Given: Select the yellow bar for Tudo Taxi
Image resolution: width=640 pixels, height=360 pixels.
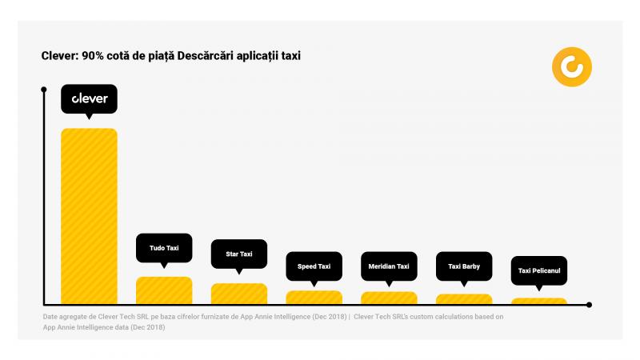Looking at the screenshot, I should tap(164, 290).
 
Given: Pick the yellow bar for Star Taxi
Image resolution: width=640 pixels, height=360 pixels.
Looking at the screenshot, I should tap(239, 294).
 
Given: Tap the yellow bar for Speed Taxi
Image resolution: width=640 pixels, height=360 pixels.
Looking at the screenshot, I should tap(314, 298).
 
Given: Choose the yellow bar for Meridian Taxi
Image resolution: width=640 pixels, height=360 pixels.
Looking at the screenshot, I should tap(389, 298).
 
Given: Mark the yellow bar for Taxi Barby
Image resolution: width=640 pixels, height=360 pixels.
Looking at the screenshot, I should tap(464, 299).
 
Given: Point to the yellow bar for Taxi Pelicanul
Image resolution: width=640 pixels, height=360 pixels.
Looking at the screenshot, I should tap(539, 302).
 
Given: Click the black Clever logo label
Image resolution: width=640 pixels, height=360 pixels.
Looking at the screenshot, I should tap(90, 99).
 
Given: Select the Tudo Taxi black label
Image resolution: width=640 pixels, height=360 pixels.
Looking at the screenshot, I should tap(164, 248).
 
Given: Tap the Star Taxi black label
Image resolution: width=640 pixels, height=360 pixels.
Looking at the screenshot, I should tap(239, 254).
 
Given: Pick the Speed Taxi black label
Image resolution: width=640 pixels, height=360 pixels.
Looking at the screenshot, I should tap(314, 266).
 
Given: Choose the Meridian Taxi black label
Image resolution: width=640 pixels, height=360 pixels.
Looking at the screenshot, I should tap(389, 266).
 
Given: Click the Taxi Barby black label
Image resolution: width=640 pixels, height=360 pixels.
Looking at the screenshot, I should tap(464, 266).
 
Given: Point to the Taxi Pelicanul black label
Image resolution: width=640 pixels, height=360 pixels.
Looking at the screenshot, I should tap(539, 270).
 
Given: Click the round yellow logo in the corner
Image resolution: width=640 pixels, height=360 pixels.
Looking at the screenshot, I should tap(572, 67).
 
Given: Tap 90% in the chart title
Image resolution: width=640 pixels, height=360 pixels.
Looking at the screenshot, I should tap(93, 56).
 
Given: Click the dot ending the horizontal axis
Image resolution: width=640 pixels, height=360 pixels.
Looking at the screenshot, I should tap(590, 305).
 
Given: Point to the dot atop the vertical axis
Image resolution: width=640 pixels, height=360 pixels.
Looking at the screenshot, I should tap(44, 90).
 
